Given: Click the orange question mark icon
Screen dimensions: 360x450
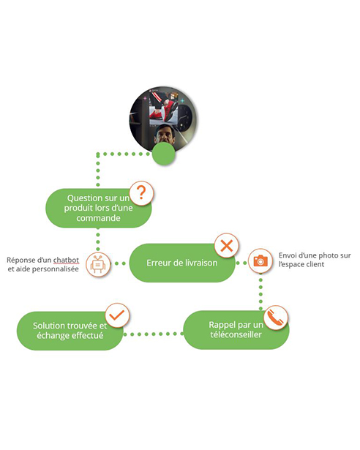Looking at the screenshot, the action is tap(141, 193).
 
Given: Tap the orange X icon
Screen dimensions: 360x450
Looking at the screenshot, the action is tap(227, 246).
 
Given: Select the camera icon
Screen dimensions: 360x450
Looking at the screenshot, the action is tap(260, 261).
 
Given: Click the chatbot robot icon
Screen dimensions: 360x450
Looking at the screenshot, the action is tap(98, 264).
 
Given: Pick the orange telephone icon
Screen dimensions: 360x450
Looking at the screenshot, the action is tap(275, 318).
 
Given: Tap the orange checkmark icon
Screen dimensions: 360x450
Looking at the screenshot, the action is tap(117, 315).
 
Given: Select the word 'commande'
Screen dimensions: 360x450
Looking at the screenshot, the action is tap(98, 218).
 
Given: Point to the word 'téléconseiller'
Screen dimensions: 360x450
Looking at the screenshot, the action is tap(236, 334).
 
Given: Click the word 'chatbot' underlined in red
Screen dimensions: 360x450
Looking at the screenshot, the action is tap(66, 260).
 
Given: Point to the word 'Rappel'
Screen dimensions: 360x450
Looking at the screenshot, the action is tap(221, 325).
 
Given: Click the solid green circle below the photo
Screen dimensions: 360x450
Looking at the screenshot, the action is tap(163, 154).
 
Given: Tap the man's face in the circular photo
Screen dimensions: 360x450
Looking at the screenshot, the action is tap(165, 133).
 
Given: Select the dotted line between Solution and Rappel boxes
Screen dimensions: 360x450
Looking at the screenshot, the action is tap(154, 334).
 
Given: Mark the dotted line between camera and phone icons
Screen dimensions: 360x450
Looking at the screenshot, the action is tap(260, 290).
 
